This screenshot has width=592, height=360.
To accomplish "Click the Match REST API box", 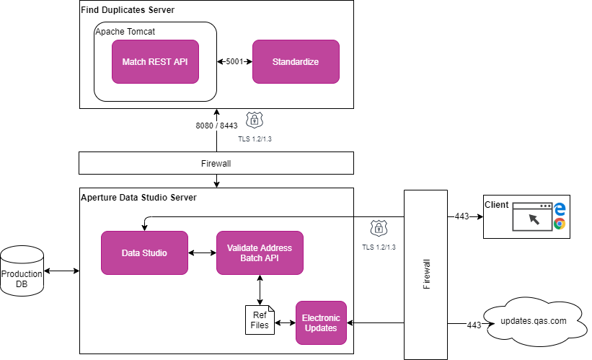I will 155,61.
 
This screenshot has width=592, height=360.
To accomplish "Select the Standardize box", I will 296,61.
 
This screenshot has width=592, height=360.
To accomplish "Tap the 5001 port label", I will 235,62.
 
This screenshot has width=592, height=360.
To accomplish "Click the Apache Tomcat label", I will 125,32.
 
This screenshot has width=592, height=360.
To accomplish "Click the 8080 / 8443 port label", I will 216,126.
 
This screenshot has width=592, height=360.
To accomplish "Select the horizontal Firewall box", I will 216,163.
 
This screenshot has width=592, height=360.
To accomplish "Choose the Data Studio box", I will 144,253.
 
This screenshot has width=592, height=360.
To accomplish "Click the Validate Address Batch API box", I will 260,253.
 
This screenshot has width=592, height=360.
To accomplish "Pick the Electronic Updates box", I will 321,322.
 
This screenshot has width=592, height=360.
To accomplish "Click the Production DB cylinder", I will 22,271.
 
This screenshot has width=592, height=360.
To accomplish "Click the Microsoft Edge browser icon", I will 560,208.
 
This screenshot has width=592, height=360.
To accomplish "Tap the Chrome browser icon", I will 560,224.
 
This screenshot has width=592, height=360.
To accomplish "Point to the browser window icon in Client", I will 532,216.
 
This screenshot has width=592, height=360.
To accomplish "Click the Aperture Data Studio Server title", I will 138,197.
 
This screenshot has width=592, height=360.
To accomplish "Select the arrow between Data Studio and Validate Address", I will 202,253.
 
